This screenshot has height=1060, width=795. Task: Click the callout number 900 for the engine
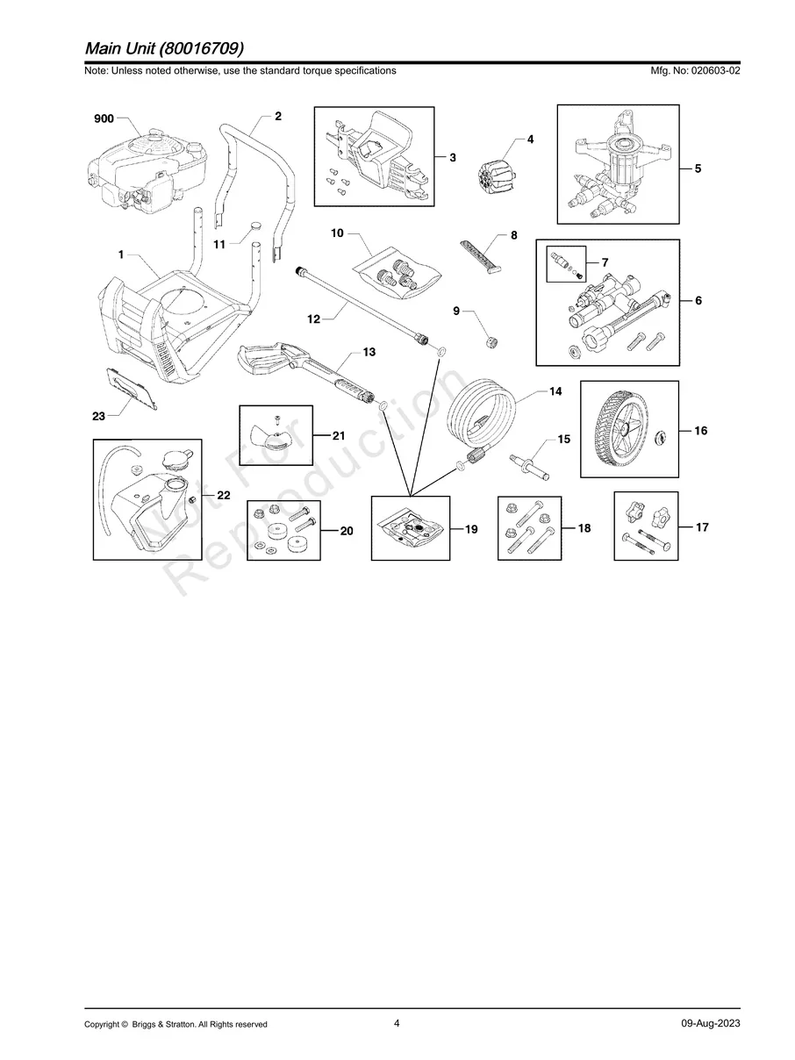104,118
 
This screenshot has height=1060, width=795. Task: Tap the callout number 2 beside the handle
278,116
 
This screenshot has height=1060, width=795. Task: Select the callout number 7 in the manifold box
605,262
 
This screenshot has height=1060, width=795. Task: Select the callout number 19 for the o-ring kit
471,529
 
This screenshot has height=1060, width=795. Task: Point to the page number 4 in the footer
397,1023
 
